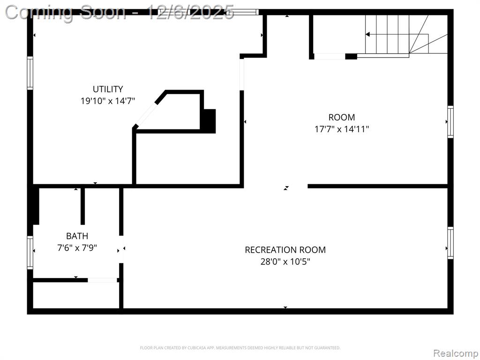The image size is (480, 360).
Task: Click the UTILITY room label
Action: [x=108, y=89]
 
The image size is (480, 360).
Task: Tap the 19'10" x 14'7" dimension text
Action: [x=108, y=101]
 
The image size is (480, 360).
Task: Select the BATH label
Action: [x=77, y=236]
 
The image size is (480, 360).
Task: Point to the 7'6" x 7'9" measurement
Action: [x=77, y=247]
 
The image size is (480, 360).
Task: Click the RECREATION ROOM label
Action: [x=285, y=250]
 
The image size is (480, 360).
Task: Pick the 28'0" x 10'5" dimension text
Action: [x=285, y=262]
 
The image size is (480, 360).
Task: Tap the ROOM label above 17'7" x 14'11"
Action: [x=342, y=117]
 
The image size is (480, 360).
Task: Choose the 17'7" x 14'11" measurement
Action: [x=342, y=129]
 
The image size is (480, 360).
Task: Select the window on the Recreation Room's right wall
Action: [x=450, y=243]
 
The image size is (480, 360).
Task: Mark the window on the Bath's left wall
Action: [x=30, y=253]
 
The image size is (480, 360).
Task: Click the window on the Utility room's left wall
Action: [x=30, y=73]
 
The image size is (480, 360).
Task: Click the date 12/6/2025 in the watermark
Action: [x=191, y=13]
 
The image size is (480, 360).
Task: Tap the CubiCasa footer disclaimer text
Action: [x=240, y=348]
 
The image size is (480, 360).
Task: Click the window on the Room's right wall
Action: [x=450, y=122]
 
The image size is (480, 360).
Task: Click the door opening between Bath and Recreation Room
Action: [x=121, y=249]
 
